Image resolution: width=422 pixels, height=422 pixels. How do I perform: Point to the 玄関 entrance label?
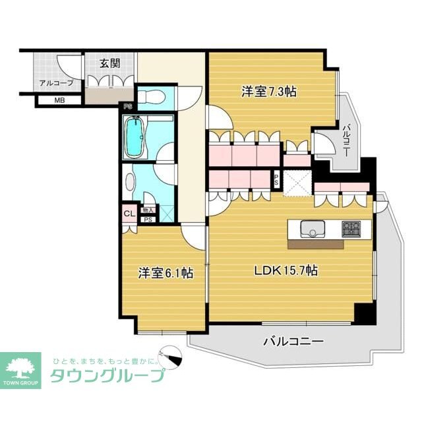109,64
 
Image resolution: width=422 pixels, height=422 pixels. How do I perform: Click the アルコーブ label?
51,83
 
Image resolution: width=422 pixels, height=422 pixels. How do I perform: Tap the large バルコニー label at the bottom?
293,342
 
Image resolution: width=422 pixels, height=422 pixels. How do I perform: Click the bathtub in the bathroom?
135,137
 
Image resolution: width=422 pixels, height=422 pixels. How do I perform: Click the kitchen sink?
311,229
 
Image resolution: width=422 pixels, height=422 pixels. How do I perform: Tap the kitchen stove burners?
351,229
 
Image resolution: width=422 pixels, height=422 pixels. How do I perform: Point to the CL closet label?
128,214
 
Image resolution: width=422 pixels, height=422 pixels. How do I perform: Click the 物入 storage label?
148,210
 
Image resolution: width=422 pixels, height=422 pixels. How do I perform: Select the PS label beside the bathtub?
128,105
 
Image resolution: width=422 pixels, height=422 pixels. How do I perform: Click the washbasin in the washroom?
129,178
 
